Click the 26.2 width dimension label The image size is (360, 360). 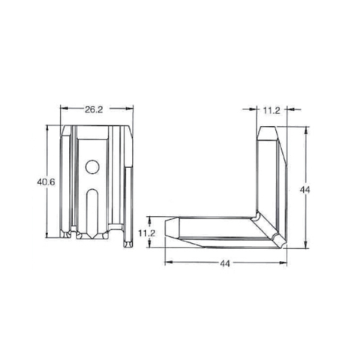coord(94,109)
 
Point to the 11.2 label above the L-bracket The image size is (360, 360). coord(271,109)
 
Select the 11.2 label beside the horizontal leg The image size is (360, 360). coord(147,233)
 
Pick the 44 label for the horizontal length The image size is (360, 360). coord(225,262)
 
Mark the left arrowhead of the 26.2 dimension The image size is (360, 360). coord(63,109)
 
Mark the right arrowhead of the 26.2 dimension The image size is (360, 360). coord(131,109)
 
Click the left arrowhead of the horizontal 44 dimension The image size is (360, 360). coord(166,262)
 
